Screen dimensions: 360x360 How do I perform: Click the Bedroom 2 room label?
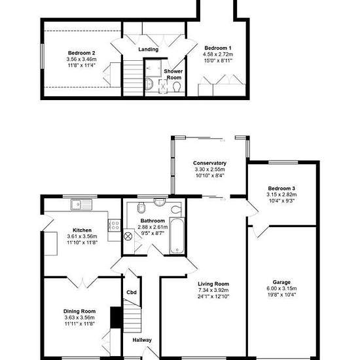tap(82, 53)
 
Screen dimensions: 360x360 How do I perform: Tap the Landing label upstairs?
tap(149, 49)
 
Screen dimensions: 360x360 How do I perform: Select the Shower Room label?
tap(173, 75)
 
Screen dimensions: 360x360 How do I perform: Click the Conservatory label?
tap(209, 163)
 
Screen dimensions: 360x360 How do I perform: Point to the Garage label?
tap(281, 282)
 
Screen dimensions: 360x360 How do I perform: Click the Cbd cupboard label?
tap(132, 293)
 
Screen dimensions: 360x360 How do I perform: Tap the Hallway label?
tap(142, 340)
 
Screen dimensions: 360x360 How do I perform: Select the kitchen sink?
tap(82, 205)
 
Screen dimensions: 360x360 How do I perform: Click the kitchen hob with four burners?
tap(115, 225)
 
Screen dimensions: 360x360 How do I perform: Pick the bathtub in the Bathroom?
tap(177, 236)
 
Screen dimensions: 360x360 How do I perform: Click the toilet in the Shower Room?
tap(177, 87)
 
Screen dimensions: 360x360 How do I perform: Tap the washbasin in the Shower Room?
tap(149, 84)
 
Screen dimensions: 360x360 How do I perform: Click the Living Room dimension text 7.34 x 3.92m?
tap(213, 290)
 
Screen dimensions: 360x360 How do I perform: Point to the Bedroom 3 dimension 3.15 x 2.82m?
tap(281, 194)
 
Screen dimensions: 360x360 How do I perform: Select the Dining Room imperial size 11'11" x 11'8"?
tap(79, 324)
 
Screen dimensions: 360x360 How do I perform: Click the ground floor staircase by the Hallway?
tap(132, 317)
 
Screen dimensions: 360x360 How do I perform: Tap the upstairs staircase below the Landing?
tap(133, 78)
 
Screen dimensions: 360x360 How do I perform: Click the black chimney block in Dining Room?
tap(115, 317)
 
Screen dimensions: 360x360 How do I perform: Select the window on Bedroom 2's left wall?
tap(43, 56)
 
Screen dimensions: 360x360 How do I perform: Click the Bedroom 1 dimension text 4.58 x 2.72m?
tap(218, 54)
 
